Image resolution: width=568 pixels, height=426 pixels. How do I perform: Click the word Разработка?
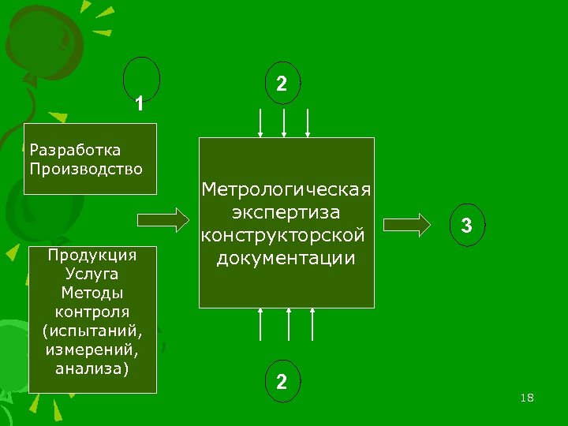pos(74,150)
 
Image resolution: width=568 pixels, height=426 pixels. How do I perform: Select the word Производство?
pos(85,168)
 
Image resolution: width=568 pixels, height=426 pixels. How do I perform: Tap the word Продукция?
pos(92,255)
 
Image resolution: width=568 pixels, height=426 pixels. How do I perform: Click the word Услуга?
pos(92,274)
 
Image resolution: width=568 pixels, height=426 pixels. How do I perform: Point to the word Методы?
pos(92,293)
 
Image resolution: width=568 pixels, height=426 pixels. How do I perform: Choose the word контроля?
pos(92,311)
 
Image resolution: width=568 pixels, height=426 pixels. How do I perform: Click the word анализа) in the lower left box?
pos(92,368)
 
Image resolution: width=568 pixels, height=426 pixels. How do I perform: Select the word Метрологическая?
pos(286,190)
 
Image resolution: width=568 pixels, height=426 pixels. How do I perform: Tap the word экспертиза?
pos(286,213)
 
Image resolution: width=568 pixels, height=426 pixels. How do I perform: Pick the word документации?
pos(286,258)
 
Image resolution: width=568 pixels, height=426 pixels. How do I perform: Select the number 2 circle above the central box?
pos(282,83)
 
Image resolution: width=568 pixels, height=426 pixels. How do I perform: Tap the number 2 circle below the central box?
pos(282,381)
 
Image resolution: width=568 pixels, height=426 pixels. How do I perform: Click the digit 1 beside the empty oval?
pos(139,103)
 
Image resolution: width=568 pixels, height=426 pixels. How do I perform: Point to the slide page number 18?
pos(527,398)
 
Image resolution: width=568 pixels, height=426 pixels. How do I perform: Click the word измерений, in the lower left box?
pos(92,349)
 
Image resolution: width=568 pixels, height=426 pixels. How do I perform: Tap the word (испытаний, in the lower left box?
pos(92,330)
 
